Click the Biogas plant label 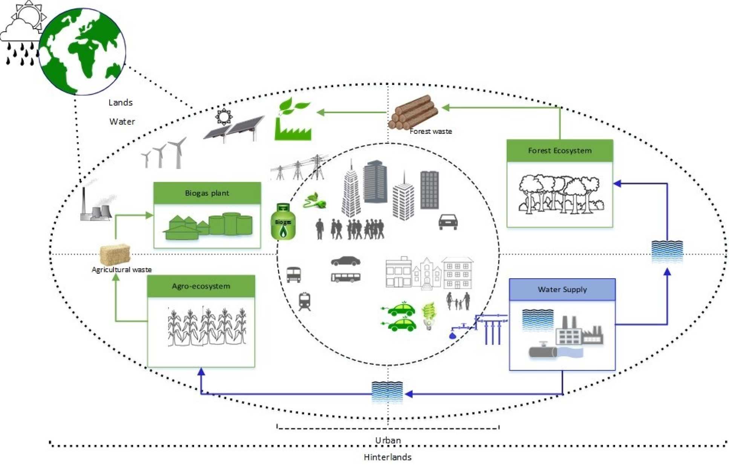pyautogui.click(x=207, y=193)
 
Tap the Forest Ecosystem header pyautogui.click(x=559, y=150)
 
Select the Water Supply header pyautogui.click(x=562, y=289)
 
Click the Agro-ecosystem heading pyautogui.click(x=201, y=286)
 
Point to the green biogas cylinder pyautogui.click(x=283, y=222)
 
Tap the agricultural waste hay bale pyautogui.click(x=115, y=254)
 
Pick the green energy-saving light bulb pyautogui.click(x=429, y=316)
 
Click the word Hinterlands pyautogui.click(x=387, y=457)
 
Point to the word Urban pyautogui.click(x=387, y=440)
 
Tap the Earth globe pyautogui.click(x=82, y=51)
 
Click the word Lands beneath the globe pyautogui.click(x=120, y=103)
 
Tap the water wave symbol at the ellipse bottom pyautogui.click(x=387, y=392)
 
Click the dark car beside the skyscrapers pyautogui.click(x=448, y=222)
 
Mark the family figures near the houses pyautogui.click(x=458, y=301)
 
